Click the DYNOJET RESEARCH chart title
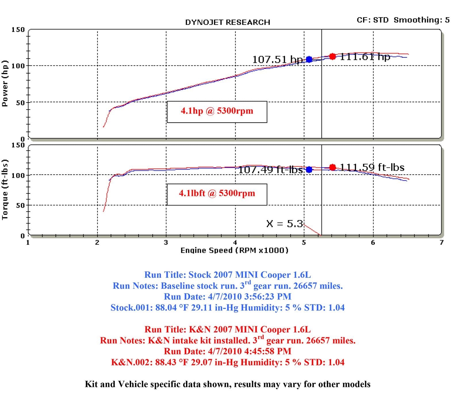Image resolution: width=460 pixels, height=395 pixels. [x=227, y=22]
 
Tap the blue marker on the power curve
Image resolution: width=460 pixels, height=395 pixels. [x=309, y=59]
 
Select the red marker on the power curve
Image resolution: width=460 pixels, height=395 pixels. [x=333, y=56]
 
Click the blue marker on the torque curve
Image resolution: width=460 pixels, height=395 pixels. [x=309, y=169]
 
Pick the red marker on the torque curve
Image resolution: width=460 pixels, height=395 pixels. [x=333, y=167]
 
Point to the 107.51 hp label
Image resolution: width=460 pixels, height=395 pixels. [x=277, y=60]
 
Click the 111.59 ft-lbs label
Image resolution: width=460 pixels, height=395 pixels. [x=372, y=167]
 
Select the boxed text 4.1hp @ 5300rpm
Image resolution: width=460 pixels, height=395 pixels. [x=217, y=111]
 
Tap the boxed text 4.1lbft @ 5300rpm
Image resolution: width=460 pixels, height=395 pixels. [x=217, y=193]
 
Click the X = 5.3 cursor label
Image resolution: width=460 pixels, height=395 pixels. [x=285, y=223]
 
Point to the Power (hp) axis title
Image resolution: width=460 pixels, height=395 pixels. [x=5, y=83]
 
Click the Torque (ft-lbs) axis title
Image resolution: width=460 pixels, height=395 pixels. [x=5, y=190]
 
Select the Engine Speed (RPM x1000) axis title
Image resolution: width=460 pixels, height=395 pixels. [x=234, y=250]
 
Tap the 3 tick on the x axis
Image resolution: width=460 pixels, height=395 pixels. [x=166, y=242]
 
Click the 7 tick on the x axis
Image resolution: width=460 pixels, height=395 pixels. [x=441, y=242]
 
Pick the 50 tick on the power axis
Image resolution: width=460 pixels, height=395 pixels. [x=20, y=103]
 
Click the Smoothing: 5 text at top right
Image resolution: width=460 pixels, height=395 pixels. [x=421, y=20]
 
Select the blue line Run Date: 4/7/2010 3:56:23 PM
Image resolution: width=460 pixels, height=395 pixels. [x=227, y=296]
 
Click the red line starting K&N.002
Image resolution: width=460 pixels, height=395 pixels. [x=227, y=362]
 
